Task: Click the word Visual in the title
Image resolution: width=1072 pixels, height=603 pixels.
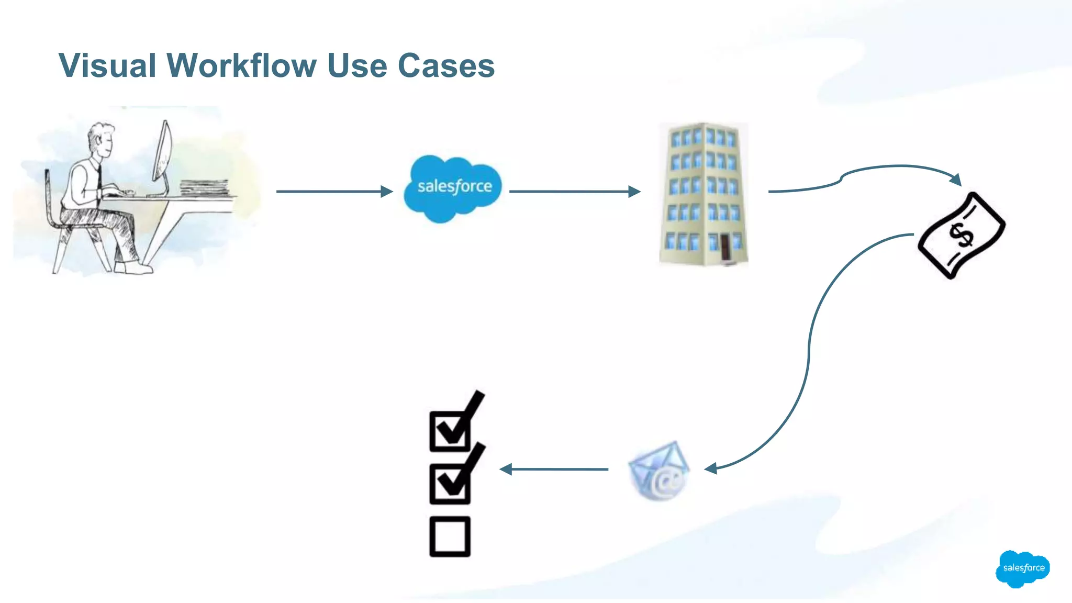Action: (x=107, y=66)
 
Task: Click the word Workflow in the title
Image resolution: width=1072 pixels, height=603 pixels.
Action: (x=241, y=66)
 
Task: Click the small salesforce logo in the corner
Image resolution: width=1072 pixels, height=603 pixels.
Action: (x=1023, y=568)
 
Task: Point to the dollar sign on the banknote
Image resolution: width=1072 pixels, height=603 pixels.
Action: (x=962, y=234)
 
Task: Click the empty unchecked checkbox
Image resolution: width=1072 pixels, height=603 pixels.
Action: (x=450, y=537)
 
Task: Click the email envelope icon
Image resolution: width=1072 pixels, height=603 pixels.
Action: (x=659, y=471)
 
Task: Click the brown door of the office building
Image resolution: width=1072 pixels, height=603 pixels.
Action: (x=725, y=247)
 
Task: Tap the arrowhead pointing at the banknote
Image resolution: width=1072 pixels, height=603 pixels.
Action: (x=956, y=179)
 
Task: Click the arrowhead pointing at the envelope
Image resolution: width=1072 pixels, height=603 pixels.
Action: (x=710, y=468)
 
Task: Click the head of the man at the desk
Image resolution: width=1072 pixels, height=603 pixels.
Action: (x=101, y=138)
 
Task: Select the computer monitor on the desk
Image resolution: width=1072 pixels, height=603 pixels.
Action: (x=163, y=152)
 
